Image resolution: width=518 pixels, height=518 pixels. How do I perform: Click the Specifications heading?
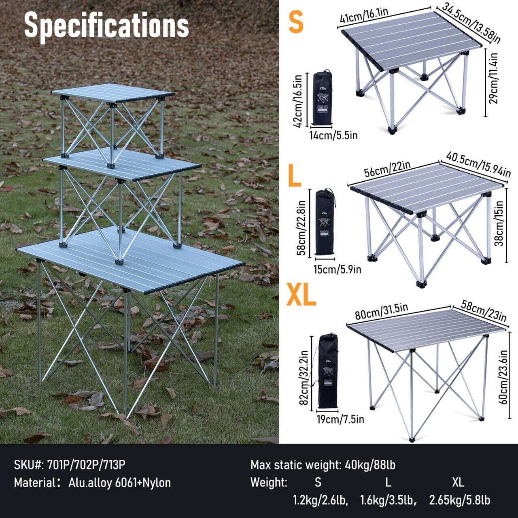106,25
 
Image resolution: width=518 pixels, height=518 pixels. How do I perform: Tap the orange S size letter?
296,22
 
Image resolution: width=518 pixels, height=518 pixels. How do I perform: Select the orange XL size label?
301,295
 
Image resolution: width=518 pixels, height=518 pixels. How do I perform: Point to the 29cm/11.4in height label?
493,79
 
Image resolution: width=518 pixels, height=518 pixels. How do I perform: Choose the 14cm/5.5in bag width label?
333,135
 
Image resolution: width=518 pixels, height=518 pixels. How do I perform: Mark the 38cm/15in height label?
500,223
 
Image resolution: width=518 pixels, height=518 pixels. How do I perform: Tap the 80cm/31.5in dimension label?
381,311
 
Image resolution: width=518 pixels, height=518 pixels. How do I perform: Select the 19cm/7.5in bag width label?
340,419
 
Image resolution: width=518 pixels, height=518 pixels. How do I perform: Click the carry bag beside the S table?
323,98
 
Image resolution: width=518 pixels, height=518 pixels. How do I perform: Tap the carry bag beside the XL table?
328,371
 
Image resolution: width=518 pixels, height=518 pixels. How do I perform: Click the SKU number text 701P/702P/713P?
86,465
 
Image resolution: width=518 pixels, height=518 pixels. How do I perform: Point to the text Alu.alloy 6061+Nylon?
119,482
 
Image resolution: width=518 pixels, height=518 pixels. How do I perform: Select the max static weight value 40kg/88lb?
370,465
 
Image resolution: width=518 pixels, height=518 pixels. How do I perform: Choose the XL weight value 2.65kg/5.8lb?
459,500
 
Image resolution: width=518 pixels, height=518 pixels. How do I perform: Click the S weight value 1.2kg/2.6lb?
320,500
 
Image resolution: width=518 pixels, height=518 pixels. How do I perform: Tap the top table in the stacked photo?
113,93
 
